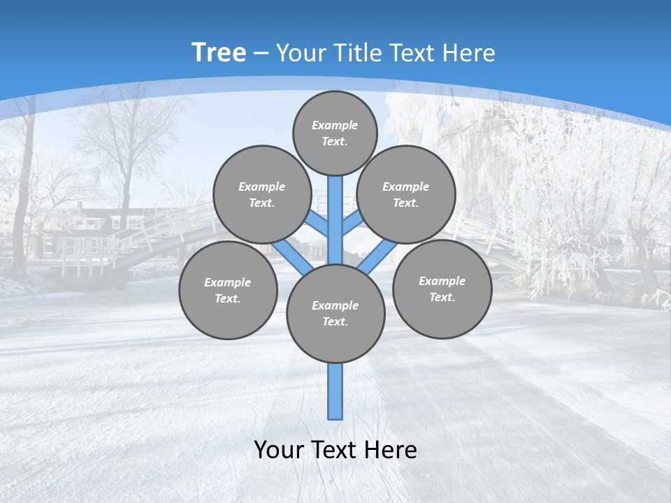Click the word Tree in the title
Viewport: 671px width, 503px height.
pos(219,53)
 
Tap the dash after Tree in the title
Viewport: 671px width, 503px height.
pos(261,54)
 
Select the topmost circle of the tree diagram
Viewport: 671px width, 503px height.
pos(335,133)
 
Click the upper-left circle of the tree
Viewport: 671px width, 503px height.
pos(261,194)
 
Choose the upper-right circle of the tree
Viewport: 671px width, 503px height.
pos(405,194)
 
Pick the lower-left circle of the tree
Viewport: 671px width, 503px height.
pos(228,290)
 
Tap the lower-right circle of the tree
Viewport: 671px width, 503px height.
pos(442,289)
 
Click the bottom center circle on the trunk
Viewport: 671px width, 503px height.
pos(335,313)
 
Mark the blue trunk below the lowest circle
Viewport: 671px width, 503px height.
pos(335,391)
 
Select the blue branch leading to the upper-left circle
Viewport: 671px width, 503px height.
pos(317,223)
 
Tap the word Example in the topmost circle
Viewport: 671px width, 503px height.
pos(335,125)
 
